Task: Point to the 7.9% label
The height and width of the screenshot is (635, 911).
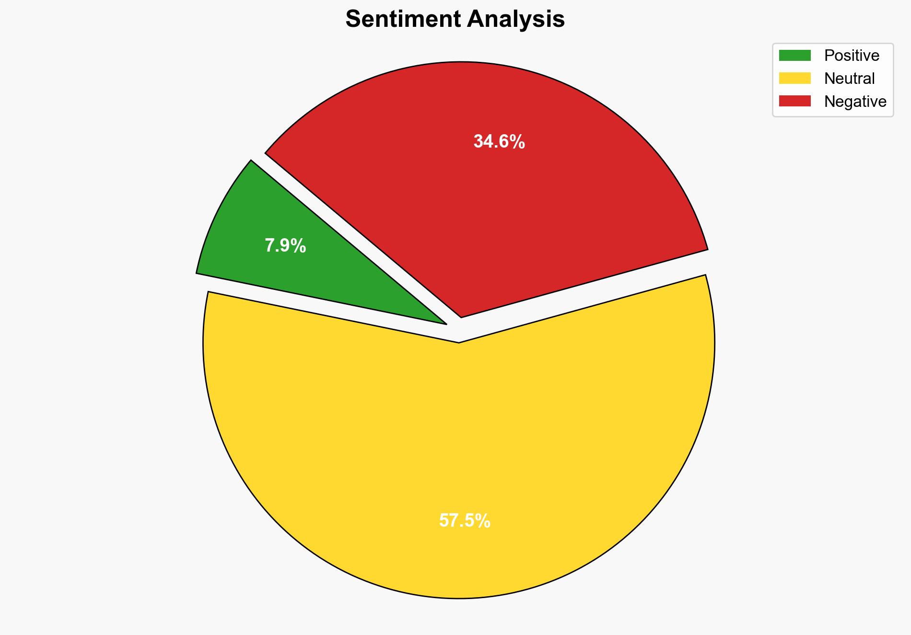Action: [285, 246]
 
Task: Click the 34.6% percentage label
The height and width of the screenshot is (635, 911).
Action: [499, 142]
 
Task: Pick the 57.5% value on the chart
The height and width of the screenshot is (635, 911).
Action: [465, 521]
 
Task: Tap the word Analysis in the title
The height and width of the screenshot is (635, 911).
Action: [516, 20]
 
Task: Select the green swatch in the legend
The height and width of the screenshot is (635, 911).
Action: [794, 56]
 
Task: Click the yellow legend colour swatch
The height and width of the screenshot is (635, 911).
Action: [794, 78]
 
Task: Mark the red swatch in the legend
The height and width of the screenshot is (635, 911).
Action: [794, 101]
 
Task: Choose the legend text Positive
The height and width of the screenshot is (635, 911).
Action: [852, 56]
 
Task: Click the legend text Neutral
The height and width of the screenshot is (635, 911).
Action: [849, 78]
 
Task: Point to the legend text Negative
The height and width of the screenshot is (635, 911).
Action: [855, 101]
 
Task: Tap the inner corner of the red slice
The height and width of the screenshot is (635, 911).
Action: [461, 315]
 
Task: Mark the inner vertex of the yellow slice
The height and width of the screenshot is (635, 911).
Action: [459, 341]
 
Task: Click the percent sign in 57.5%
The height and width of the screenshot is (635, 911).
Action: [483, 521]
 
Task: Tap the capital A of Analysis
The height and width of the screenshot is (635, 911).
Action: [475, 20]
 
